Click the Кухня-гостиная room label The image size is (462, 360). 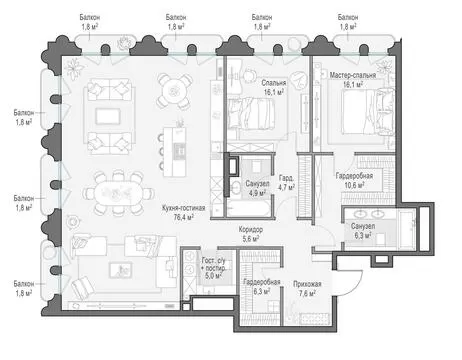183,208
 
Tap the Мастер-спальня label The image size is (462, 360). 353,75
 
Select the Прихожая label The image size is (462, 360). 307,284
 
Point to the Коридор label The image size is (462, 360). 251,230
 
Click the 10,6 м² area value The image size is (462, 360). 354,185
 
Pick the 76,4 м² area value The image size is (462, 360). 184,217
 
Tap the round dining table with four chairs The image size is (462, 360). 175,91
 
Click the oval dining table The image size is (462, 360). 118,193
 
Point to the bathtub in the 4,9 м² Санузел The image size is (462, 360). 249,208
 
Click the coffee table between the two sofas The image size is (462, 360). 108,116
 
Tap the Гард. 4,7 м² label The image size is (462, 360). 286,183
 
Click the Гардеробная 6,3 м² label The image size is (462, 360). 262,287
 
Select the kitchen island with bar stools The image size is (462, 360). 174,152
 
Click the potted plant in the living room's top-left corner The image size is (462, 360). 74,69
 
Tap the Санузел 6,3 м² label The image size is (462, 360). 363,231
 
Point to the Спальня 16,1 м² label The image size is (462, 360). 274,87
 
